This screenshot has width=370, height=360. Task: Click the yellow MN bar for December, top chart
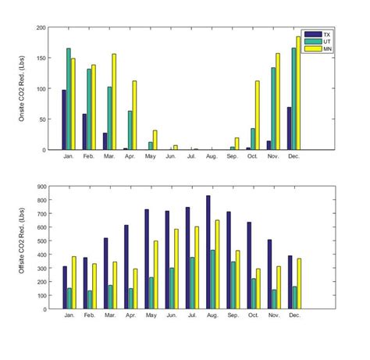[x=298, y=93]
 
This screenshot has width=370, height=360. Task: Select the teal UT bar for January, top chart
[x=69, y=99]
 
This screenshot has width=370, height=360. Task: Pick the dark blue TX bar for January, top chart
[x=64, y=119]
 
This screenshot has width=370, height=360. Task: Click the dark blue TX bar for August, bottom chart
[x=208, y=251]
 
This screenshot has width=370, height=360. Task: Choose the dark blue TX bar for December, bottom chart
[x=289, y=281]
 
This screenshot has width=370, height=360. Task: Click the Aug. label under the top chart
[x=212, y=157]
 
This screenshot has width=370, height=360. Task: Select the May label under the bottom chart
[x=151, y=315]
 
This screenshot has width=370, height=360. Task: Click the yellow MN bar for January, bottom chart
[x=74, y=282]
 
